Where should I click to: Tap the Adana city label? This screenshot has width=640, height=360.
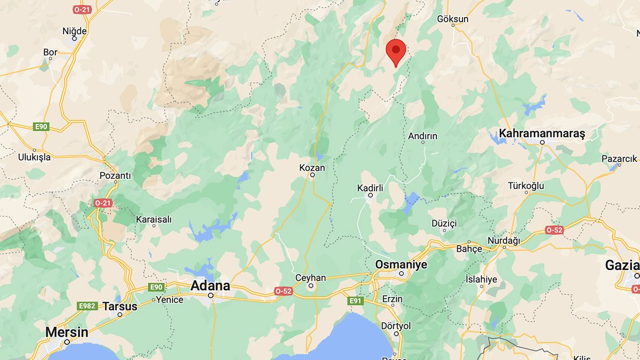pos(211,286)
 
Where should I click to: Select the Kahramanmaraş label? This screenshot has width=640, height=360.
pos(542,133)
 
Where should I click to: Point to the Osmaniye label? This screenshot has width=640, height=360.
pos(402,265)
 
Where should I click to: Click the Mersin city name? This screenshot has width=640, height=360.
pos(67,332)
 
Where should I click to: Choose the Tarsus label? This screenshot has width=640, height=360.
pos(119,306)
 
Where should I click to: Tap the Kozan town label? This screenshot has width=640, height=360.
pos(312,167)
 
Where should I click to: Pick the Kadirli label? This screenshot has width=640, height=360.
pos(370,188)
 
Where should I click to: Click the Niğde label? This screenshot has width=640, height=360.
pos(74,30)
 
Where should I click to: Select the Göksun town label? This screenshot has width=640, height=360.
pos(452,19)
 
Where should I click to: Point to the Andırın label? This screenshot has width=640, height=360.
pos(422,136)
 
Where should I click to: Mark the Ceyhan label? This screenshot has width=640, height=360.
pos(310,278)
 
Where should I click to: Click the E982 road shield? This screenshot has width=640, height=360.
pos(86,306)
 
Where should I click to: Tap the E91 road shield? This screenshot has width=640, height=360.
pos(356,301)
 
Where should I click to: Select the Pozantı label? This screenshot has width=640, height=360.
pos(115,175)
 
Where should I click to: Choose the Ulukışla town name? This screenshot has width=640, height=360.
pos(34,157)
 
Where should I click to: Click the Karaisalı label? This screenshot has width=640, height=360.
pos(154,219)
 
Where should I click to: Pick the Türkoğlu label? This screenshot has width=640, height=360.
pos(526,186)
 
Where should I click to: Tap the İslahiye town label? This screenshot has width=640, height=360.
pos(481,279)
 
